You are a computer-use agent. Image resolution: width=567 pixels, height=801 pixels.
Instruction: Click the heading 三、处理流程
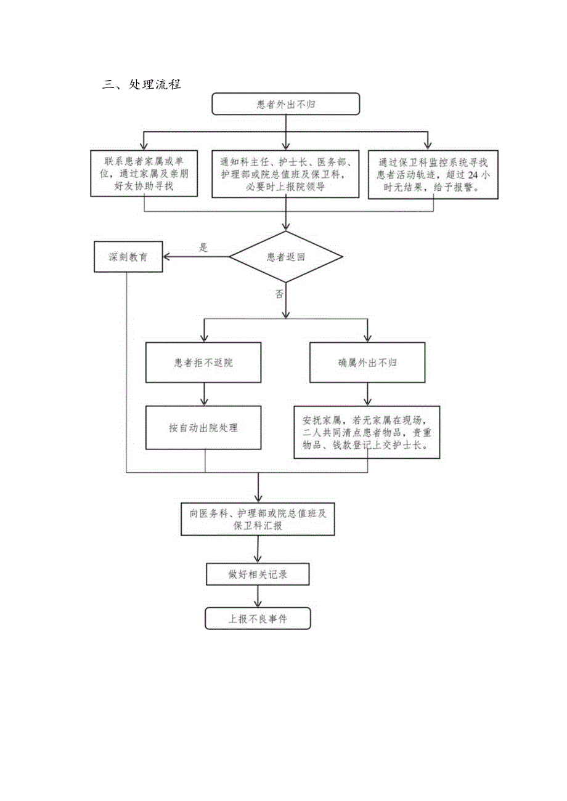tap(142, 84)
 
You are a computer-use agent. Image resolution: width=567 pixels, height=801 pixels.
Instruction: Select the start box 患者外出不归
tap(285, 104)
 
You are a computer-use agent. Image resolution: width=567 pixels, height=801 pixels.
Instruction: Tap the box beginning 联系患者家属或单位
tap(144, 174)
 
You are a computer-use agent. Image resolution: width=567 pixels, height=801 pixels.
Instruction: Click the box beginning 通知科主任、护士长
tap(285, 174)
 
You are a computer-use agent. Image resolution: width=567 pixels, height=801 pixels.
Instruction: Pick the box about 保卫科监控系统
tap(433, 175)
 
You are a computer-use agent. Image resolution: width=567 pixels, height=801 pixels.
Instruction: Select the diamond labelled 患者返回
tap(285, 257)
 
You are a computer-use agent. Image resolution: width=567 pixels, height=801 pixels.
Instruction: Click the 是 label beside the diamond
tap(203, 248)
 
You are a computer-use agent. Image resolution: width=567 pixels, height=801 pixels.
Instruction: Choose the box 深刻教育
tap(129, 257)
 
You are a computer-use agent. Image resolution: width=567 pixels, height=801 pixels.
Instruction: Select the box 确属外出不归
tap(368, 363)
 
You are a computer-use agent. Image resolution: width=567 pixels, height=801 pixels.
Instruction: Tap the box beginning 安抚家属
tap(368, 432)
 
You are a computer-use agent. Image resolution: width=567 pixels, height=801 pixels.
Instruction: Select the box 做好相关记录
tap(258, 575)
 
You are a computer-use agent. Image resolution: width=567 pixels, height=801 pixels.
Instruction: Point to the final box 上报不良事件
tap(258, 619)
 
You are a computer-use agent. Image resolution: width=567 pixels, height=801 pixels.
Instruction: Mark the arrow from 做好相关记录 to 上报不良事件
tap(258, 597)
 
